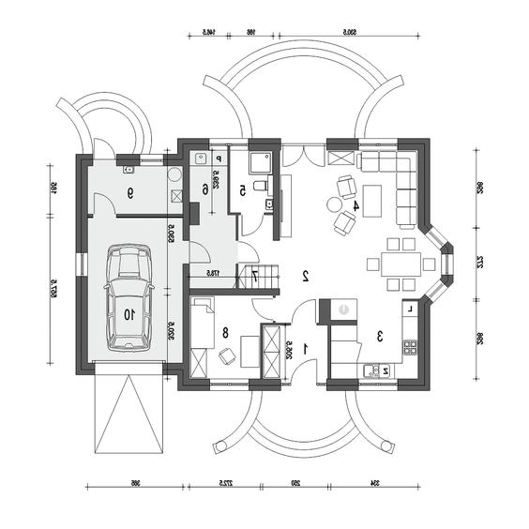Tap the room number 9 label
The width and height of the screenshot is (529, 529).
(x=129, y=193)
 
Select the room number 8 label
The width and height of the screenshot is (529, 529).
(x=225, y=331)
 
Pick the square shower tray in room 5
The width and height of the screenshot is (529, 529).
(x=260, y=162)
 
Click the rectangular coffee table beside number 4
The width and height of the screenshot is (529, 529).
(x=373, y=199)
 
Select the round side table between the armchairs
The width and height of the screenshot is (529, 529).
(x=333, y=204)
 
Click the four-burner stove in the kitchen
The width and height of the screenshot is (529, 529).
(x=410, y=346)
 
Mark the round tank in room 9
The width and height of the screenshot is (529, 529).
(x=174, y=174)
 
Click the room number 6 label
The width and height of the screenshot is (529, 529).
(x=204, y=189)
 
